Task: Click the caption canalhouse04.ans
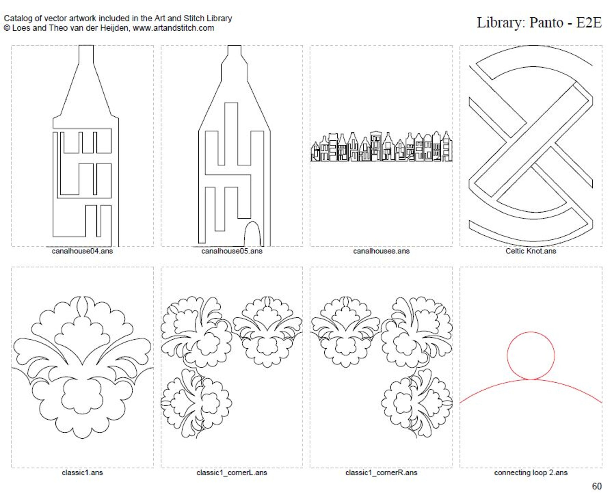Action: click(82, 251)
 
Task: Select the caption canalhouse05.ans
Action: click(232, 251)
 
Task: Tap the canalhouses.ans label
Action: click(381, 251)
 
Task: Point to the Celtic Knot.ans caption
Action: click(531, 251)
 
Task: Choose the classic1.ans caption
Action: click(82, 473)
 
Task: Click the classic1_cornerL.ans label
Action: click(232, 473)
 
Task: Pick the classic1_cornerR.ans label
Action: click(381, 473)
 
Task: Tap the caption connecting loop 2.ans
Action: click(531, 473)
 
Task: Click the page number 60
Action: click(597, 486)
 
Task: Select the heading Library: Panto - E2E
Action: click(539, 22)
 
